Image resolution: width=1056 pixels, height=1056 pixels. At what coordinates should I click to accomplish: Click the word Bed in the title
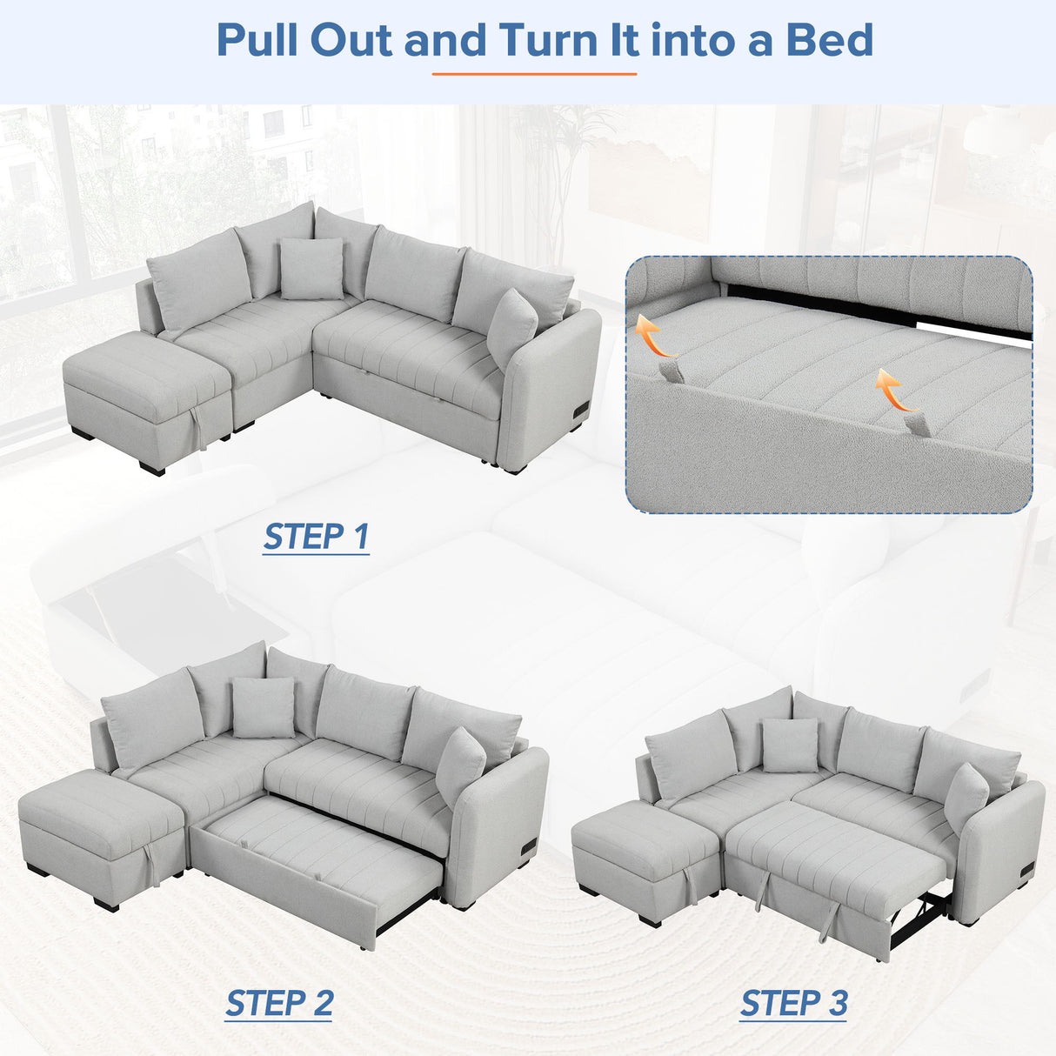tap(830, 40)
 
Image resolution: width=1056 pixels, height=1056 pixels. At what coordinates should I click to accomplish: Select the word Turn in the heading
tap(569, 40)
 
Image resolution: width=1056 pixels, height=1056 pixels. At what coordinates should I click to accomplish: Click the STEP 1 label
tap(317, 537)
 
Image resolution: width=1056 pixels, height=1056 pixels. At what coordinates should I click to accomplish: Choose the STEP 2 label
tap(279, 1003)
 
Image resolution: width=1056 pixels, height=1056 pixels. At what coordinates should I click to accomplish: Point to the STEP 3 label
tap(793, 1003)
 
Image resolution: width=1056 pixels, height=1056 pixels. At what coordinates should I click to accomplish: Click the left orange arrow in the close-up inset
tap(653, 338)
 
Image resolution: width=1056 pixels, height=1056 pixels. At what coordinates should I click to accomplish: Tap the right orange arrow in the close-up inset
tap(895, 391)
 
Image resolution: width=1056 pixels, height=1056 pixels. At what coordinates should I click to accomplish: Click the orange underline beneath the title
tap(534, 74)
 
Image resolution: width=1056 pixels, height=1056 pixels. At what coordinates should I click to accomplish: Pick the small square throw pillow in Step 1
tap(311, 268)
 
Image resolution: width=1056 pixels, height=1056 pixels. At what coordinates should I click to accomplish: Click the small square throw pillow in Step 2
tap(263, 707)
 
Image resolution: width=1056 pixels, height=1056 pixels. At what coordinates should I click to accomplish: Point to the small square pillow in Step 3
tap(790, 745)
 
